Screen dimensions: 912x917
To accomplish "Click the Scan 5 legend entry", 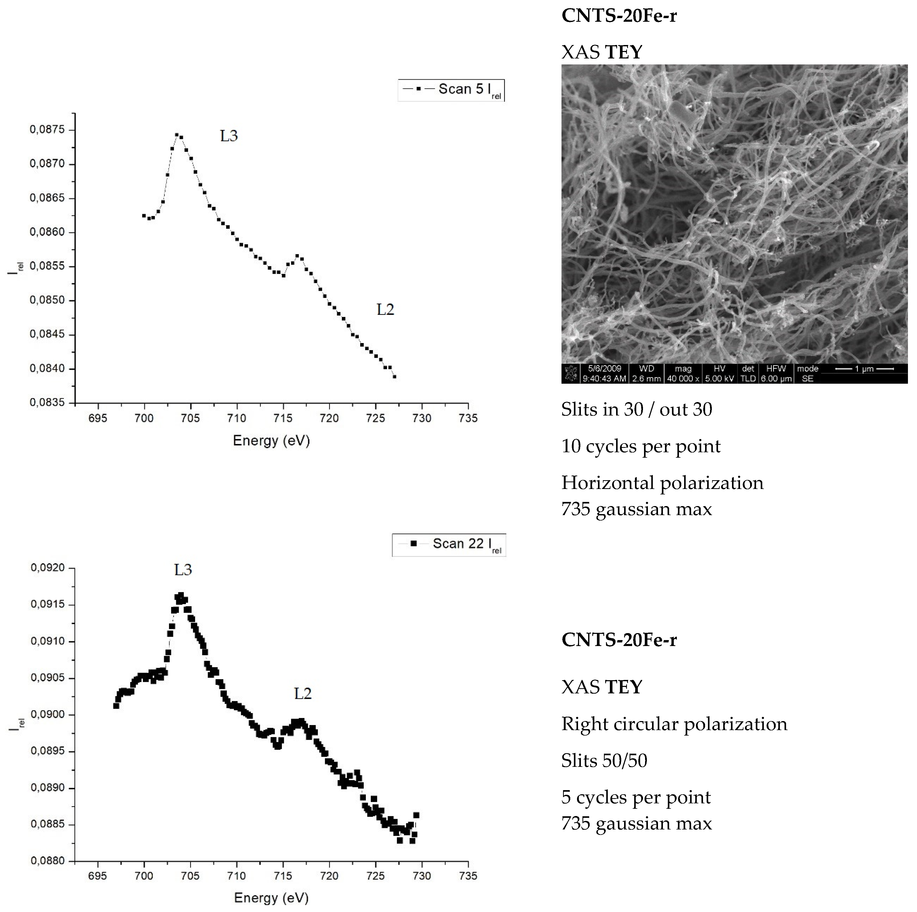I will click(451, 90).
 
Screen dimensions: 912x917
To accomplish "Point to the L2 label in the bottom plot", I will click(303, 694).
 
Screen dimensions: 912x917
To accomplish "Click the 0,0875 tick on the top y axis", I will click(47, 130).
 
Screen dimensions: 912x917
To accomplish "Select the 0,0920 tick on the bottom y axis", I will click(47, 568).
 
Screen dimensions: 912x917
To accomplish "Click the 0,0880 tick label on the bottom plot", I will click(47, 861).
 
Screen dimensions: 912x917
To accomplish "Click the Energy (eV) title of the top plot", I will click(271, 441).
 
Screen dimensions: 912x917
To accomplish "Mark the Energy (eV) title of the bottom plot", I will click(271, 898).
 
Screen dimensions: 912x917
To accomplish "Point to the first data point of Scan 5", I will click(144, 216).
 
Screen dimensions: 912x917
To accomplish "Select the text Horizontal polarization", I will click(662, 483).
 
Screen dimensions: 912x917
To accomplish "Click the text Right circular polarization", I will click(674, 724).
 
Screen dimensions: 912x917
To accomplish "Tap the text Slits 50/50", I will click(604, 761).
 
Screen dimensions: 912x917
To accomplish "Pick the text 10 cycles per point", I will click(641, 447).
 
